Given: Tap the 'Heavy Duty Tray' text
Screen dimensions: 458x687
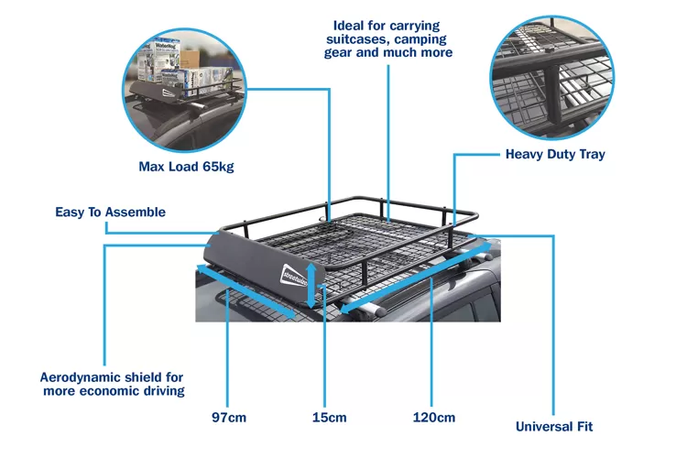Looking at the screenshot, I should [x=555, y=155].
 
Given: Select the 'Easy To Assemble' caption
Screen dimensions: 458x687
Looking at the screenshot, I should [x=110, y=213].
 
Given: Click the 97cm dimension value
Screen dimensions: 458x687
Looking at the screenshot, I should [x=229, y=418].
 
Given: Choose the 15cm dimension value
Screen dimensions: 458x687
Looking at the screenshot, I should [x=329, y=418].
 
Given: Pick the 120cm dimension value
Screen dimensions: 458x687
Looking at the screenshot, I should [x=433, y=418].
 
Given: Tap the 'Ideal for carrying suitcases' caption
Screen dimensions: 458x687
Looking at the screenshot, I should [x=389, y=38].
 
